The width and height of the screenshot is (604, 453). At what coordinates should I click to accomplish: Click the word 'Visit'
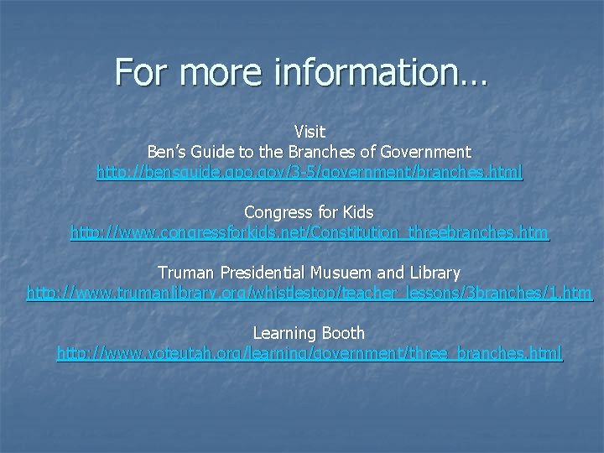coord(310,132)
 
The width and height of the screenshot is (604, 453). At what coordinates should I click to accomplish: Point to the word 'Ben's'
coord(168,152)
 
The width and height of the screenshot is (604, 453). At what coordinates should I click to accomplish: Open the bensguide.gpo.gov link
coord(309,172)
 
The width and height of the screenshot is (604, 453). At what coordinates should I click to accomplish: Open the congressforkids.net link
coord(309,232)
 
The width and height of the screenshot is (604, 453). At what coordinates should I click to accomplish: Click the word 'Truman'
coord(185,273)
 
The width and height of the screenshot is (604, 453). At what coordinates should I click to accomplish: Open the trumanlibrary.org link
coord(309,294)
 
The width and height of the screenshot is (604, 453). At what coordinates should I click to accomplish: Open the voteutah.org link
coord(309,353)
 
